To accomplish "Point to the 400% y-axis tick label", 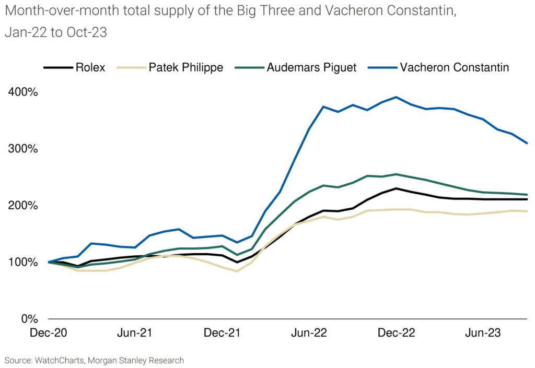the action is [23, 92].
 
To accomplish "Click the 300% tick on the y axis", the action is [23, 149].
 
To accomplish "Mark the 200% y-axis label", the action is [23, 206].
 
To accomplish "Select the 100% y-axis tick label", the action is [23, 263].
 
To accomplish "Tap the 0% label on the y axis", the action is [29, 319].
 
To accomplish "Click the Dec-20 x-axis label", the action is [49, 333].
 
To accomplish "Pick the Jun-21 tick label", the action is [135, 333].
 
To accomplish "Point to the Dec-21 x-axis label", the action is [222, 333].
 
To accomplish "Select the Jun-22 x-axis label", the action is [309, 333].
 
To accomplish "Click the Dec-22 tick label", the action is [397, 333].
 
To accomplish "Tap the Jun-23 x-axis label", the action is [483, 333].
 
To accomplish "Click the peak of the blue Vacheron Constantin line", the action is [396, 97].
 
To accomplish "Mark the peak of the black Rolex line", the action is [396, 188].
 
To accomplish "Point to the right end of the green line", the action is [527, 195].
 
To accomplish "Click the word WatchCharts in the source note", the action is [60, 361].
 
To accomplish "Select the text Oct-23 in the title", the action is [87, 32].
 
